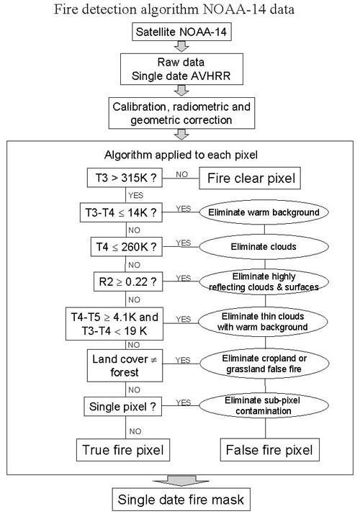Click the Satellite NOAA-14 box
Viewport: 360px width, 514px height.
coord(181,32)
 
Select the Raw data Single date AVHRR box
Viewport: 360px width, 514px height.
coord(181,69)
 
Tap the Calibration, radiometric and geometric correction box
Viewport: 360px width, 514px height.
coord(181,113)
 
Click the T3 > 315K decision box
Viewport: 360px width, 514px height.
coord(125,178)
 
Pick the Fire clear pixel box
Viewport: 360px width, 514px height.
coord(250,178)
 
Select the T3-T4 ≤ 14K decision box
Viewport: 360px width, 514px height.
coord(121,212)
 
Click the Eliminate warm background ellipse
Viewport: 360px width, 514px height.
coord(264,212)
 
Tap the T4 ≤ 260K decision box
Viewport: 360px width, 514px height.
coord(127,247)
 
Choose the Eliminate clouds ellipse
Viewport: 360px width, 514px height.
coord(264,247)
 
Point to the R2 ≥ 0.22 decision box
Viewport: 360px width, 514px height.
coord(128,281)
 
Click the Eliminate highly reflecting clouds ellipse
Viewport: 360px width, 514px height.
coord(264,282)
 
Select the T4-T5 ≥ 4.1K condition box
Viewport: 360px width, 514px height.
coord(114,324)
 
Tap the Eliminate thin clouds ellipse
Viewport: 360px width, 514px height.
coord(263,322)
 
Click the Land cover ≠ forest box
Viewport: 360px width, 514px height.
coord(125,366)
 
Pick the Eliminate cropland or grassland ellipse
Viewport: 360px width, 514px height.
coord(264,364)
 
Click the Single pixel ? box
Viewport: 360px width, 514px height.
coord(123,407)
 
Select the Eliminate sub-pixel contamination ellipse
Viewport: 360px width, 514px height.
coord(264,406)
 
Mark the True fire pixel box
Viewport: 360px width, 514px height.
coord(123,450)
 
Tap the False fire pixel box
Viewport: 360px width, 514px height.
coord(269,450)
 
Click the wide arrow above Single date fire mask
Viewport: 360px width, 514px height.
coord(181,481)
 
